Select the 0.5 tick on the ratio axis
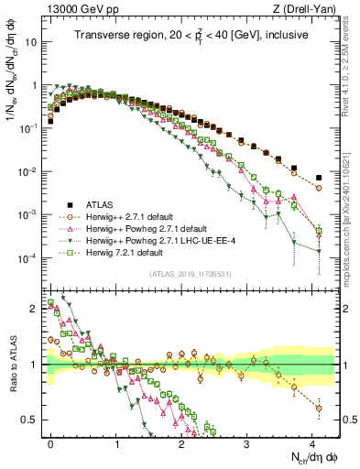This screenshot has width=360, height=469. pos(34,420)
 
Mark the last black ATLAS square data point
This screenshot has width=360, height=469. pos(318,178)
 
